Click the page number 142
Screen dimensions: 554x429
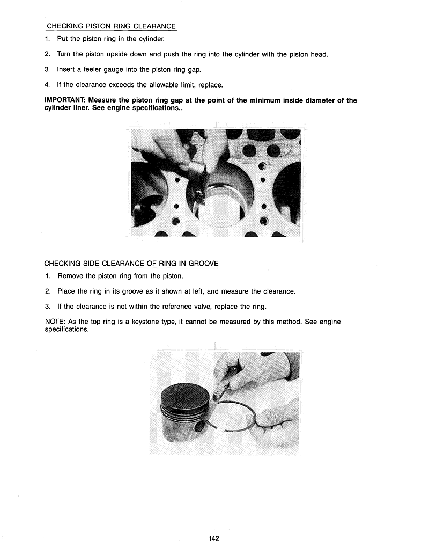(214, 538)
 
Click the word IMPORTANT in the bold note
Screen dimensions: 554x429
(65, 100)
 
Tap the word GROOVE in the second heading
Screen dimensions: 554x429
(202, 264)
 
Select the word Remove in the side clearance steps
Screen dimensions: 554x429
(70, 276)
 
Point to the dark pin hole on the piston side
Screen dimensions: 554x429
(200, 427)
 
